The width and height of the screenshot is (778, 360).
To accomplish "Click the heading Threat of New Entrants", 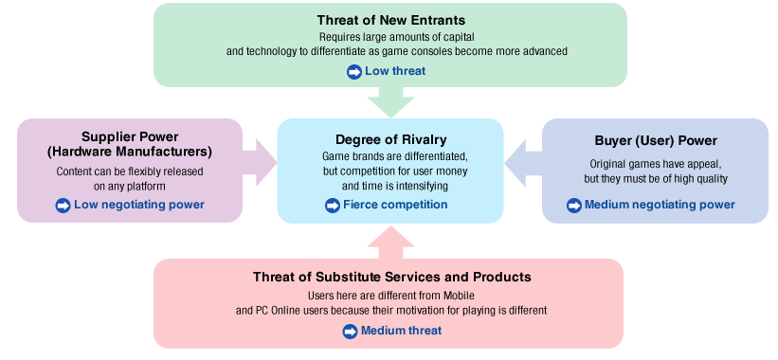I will [x=390, y=19].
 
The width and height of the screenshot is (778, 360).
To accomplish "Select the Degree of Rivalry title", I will [x=390, y=139].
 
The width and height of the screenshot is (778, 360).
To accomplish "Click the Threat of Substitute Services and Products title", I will [x=391, y=278].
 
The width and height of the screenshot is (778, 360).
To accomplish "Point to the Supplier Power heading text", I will [x=130, y=136].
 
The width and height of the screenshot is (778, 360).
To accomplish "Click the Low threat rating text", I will [x=396, y=71].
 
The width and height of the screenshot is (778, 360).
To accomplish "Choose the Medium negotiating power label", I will [x=660, y=205].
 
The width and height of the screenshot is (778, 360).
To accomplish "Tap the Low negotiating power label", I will [x=138, y=205].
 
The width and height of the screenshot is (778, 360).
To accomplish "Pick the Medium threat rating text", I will [x=401, y=331].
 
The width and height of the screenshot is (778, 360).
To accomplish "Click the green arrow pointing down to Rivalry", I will [x=390, y=100].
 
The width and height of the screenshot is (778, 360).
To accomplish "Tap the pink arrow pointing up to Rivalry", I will [x=390, y=241].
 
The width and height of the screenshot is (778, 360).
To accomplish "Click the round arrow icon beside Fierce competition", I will [x=333, y=206].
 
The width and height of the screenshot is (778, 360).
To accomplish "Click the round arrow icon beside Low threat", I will [x=355, y=71].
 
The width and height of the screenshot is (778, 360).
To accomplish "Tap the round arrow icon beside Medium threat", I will [x=350, y=331].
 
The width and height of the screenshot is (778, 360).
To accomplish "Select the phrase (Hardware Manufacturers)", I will [x=130, y=152].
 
